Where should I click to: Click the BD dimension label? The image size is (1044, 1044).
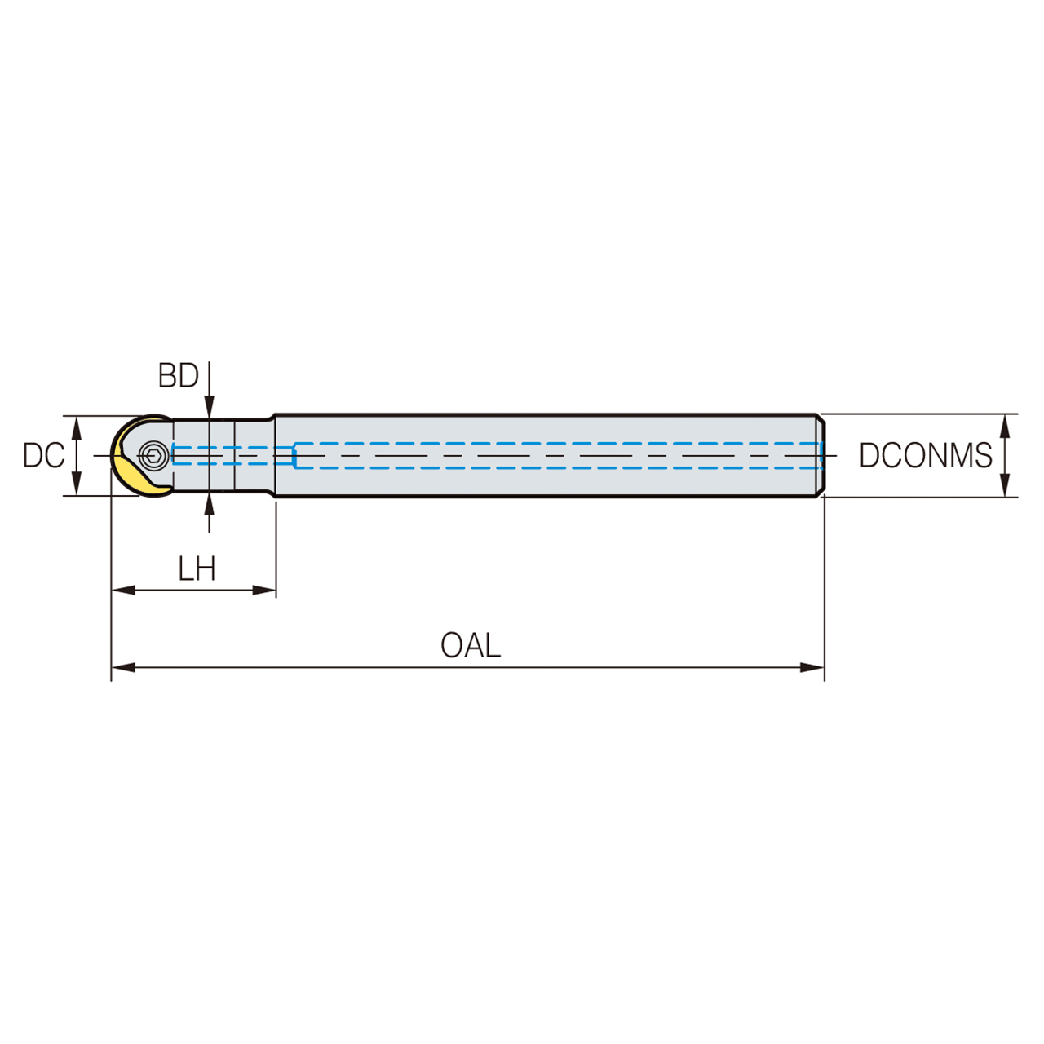pyautogui.click(x=179, y=376)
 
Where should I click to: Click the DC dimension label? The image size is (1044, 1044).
pyautogui.click(x=43, y=456)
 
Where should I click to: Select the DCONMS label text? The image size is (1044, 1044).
pyautogui.click(x=925, y=456)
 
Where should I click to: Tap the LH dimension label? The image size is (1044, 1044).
pyautogui.click(x=197, y=568)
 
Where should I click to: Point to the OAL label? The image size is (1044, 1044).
pyautogui.click(x=470, y=645)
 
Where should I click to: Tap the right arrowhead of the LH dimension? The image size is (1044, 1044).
pyautogui.click(x=265, y=590)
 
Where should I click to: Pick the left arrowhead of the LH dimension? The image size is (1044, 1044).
pyautogui.click(x=122, y=590)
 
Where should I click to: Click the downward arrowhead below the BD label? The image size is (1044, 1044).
pyautogui.click(x=210, y=407)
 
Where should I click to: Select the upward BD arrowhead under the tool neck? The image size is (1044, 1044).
pyautogui.click(x=210, y=503)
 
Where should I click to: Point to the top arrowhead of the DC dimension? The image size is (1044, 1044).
pyautogui.click(x=77, y=425)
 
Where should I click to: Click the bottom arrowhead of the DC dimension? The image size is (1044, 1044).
pyautogui.click(x=77, y=485)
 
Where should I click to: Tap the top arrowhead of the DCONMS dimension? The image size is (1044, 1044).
pyautogui.click(x=1006, y=425)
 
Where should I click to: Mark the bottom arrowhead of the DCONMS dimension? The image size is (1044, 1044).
pyautogui.click(x=1006, y=486)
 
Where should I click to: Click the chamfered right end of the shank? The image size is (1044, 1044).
pyautogui.click(x=821, y=455)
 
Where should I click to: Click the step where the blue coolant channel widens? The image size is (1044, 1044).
pyautogui.click(x=294, y=456)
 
